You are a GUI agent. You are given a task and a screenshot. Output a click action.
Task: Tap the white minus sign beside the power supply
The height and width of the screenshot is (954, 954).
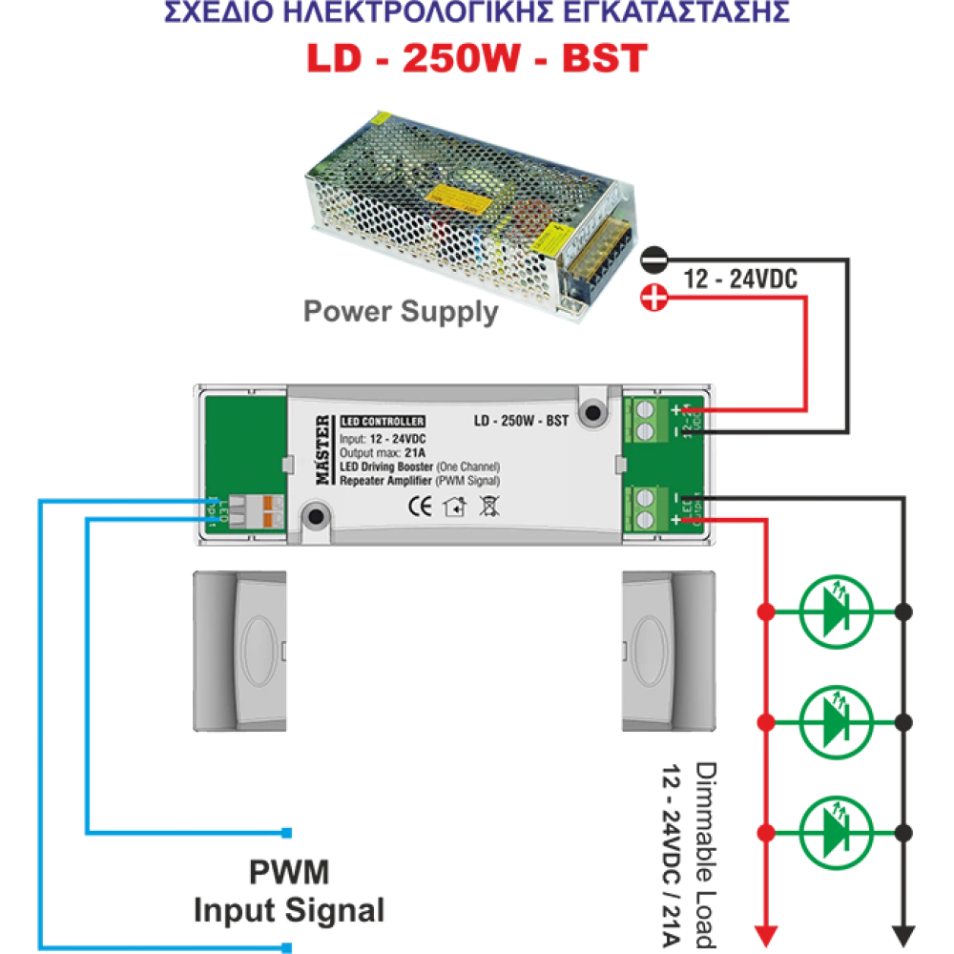(x=653, y=258)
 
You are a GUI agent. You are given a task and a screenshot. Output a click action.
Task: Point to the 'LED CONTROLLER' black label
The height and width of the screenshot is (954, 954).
(x=382, y=422)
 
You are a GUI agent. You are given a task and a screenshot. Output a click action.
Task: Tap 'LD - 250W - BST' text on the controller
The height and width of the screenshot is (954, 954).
(x=521, y=422)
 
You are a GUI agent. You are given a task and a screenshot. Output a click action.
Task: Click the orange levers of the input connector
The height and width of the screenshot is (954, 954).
(x=271, y=509)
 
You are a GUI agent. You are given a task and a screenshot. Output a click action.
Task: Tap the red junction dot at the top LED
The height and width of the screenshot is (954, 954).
(x=764, y=610)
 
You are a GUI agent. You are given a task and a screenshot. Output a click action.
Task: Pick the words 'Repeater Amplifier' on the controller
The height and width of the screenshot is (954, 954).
(x=384, y=481)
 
